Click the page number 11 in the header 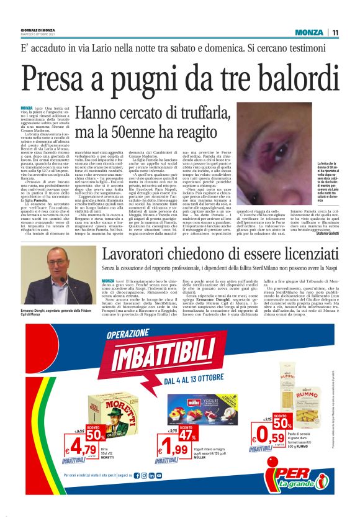point(335,32)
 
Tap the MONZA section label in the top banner point(308,32)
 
